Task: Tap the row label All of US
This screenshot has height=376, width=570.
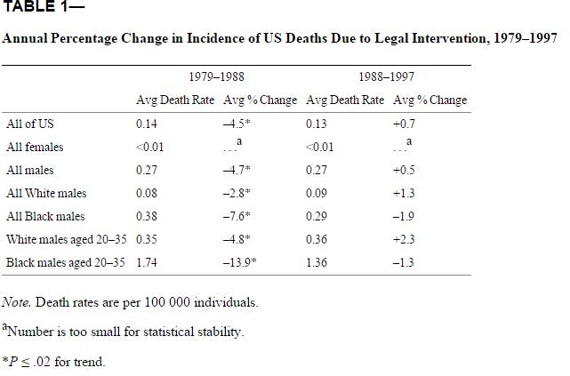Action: pos(30,124)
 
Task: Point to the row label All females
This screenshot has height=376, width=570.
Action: pos(35,147)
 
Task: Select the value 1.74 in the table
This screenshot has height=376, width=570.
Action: pos(147,262)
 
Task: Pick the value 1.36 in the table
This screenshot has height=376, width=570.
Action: pos(316,262)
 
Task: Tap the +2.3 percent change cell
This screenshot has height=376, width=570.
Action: pos(405,239)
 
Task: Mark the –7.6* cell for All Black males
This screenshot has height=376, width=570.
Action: pos(237,216)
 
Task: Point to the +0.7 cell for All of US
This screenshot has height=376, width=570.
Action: pos(405,124)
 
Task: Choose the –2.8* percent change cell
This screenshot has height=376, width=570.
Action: pos(237,193)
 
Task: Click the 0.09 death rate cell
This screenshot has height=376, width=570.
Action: pos(316,193)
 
